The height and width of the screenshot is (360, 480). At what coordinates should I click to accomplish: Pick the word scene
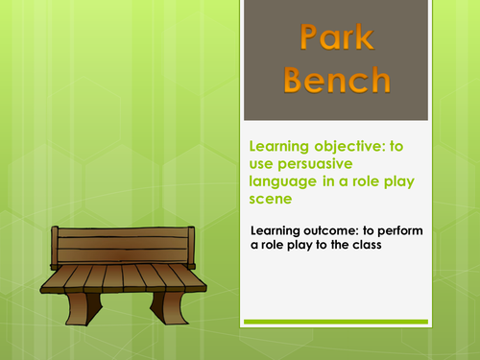coord(271,199)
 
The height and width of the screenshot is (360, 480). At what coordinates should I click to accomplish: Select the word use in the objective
coord(261,164)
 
